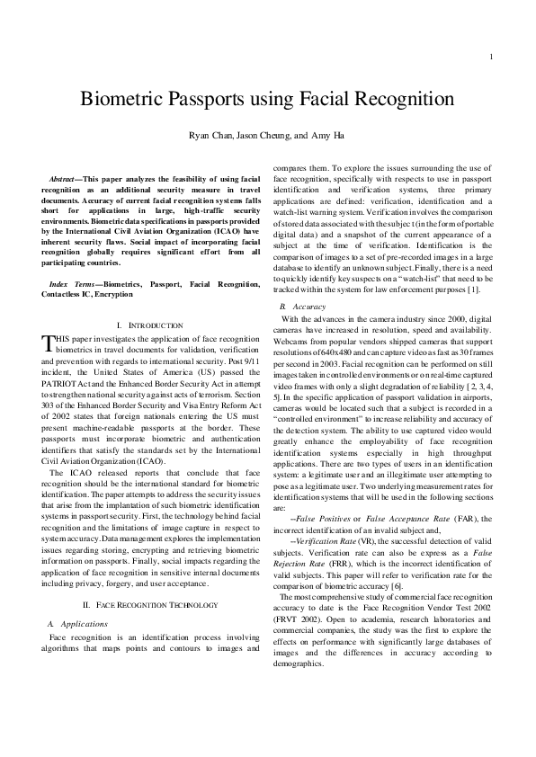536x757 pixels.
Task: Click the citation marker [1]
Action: (462, 291)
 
